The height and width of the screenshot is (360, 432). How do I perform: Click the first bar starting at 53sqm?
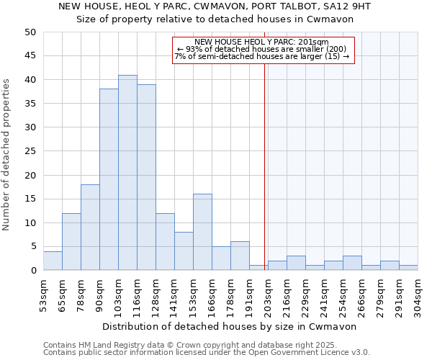53,261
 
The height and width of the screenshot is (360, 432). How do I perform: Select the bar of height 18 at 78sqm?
90,228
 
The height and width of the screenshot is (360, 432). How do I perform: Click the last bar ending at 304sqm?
408,268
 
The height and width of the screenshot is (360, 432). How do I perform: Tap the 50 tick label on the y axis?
30,32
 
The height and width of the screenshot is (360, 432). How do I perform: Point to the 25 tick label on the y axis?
30,151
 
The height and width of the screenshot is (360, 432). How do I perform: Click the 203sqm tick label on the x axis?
269,294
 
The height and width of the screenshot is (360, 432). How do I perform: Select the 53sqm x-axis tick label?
44,294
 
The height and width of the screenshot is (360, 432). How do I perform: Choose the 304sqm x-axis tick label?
418,294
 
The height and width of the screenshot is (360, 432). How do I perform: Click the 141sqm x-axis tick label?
175,294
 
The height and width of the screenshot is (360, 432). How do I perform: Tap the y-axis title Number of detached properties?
7,151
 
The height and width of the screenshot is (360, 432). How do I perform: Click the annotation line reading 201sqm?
261,42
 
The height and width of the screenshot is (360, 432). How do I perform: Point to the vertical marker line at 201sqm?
265,166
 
